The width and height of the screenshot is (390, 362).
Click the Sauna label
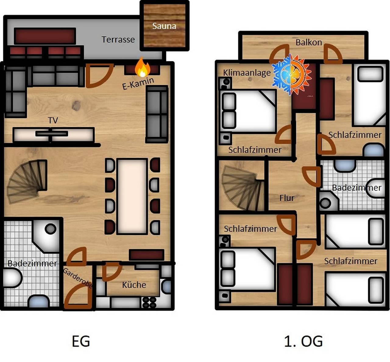164,26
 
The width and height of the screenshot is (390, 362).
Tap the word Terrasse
118,40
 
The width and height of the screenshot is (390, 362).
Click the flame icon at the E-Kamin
143,67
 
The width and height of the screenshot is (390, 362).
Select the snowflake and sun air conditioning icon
292,75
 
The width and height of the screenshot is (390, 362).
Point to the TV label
53,120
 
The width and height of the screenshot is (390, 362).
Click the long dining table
132,196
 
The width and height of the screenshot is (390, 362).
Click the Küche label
134,285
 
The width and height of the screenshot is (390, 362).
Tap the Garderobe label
78,278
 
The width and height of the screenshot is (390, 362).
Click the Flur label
287,198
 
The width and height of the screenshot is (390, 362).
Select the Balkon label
309,42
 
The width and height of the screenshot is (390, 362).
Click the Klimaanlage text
247,73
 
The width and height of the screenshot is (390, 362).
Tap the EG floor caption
81,341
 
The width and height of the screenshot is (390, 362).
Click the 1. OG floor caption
303,341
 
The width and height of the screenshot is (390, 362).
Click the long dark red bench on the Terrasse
45,36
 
